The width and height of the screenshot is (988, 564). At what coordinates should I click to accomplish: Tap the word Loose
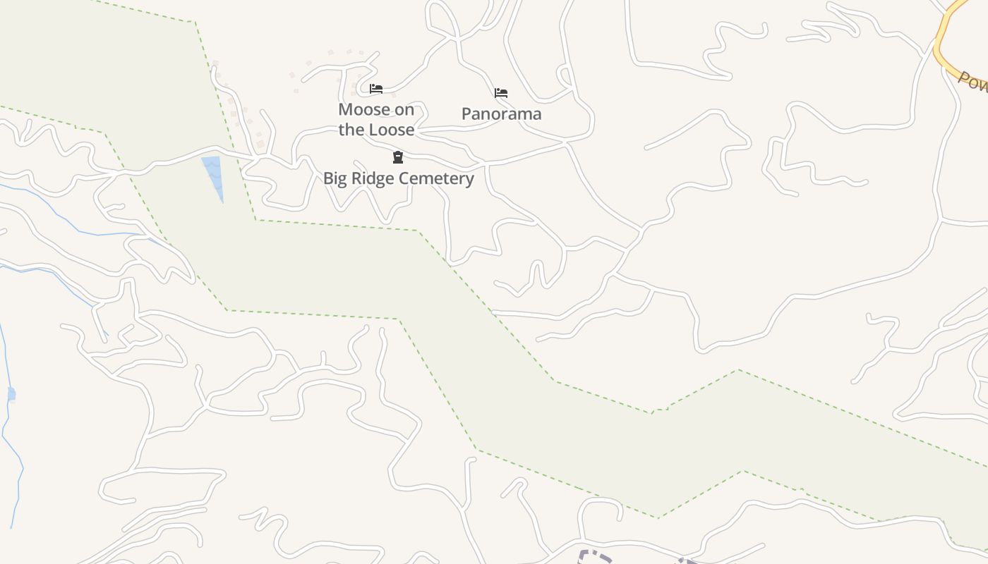[391, 130]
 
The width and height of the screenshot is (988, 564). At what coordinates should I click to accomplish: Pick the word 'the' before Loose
[351, 130]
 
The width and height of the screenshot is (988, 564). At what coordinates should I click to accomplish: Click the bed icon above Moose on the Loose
[376, 89]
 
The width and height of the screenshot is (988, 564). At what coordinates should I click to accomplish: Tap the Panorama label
[501, 114]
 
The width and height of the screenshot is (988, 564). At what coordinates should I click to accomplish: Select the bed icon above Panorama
[501, 92]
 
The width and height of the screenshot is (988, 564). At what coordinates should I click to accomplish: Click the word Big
[335, 178]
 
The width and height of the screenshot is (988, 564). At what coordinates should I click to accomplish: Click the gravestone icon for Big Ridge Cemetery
[398, 157]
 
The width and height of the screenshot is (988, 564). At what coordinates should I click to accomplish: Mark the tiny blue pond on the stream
[11, 393]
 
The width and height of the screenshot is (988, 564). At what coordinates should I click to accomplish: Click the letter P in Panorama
[466, 114]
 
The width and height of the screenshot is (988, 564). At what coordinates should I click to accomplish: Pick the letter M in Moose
[345, 109]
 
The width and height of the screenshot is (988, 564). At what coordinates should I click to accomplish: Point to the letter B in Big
[328, 178]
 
